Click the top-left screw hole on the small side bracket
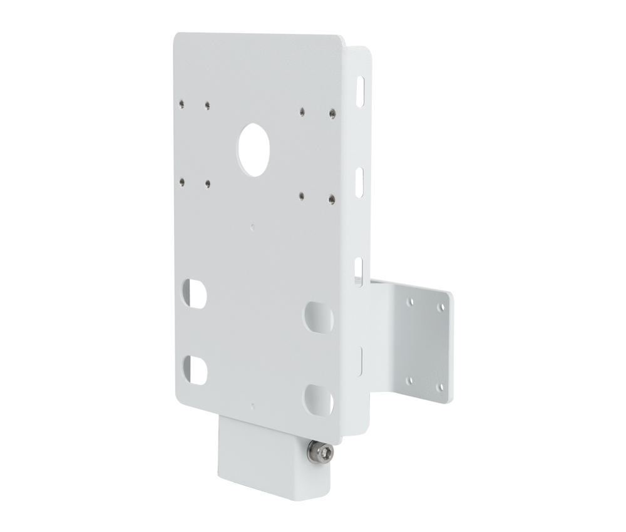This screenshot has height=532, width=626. tap(410, 302)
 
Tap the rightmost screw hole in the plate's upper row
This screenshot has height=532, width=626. tap(331, 114)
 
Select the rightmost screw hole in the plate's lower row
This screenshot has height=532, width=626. tap(329, 200)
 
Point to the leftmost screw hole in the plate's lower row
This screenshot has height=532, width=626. tap(181, 182)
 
